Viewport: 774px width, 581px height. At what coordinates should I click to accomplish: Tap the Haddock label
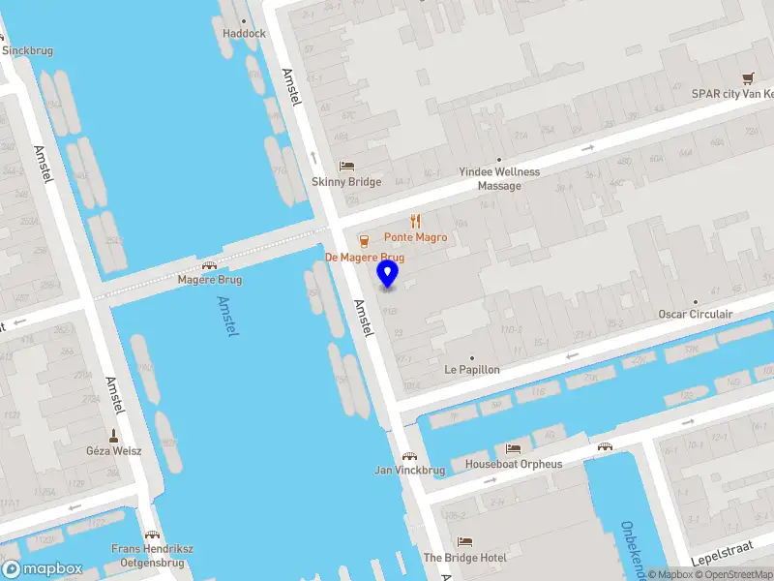tap(244, 33)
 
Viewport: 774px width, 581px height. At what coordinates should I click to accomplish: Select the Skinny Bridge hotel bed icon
tap(346, 167)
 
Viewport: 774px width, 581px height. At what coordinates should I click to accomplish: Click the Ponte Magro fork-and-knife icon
tap(415, 222)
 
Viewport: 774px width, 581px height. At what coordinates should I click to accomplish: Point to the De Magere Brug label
tap(364, 258)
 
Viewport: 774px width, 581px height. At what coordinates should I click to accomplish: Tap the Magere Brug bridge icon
tap(209, 265)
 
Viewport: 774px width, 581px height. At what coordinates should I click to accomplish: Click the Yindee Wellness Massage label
tap(499, 178)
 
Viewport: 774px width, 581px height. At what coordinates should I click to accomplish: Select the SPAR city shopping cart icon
tap(747, 78)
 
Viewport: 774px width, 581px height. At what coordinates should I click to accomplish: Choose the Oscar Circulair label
tap(695, 315)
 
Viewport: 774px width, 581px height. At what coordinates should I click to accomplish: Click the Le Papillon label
tap(472, 370)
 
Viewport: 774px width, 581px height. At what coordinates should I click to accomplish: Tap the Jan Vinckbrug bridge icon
tap(409, 456)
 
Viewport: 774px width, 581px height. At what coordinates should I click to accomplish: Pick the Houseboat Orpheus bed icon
tap(513, 449)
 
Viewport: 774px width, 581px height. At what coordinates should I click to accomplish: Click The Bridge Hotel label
tap(464, 558)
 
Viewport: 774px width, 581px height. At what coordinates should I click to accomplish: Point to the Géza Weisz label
tap(113, 450)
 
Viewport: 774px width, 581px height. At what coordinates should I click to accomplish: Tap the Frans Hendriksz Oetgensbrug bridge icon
tap(152, 535)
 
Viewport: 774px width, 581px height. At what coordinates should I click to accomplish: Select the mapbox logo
tap(42, 568)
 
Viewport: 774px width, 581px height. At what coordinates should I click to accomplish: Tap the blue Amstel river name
tap(229, 316)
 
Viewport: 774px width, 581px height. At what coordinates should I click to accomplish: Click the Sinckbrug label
tap(27, 50)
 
